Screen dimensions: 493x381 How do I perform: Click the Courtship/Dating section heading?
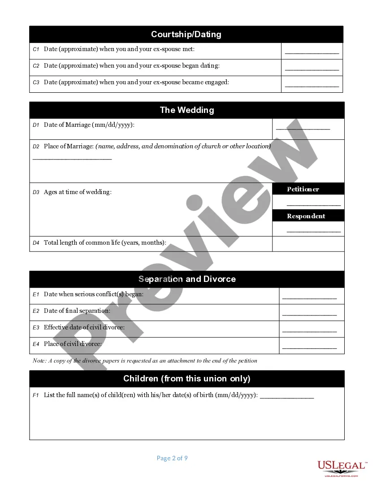point(186,35)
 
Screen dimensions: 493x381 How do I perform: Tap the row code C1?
point(36,49)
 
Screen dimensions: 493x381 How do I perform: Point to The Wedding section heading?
point(187,110)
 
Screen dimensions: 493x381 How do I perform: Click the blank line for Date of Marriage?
point(303,129)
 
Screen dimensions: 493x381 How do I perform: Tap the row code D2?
point(36,147)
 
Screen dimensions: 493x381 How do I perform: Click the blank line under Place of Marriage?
point(72,159)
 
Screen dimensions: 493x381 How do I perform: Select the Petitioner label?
point(303,189)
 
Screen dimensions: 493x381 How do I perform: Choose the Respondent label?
point(306,216)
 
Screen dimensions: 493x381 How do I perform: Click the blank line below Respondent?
point(314,231)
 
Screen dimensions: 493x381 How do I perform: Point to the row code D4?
point(36,243)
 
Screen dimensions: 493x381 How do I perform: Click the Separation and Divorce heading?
point(187,279)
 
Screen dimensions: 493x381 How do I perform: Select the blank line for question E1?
point(309,298)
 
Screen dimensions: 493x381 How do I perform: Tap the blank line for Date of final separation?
point(309,314)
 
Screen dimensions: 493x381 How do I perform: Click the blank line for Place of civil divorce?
point(309,347)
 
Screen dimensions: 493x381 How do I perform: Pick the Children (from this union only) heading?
point(187,379)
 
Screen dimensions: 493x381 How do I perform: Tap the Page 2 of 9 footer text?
point(172,458)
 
